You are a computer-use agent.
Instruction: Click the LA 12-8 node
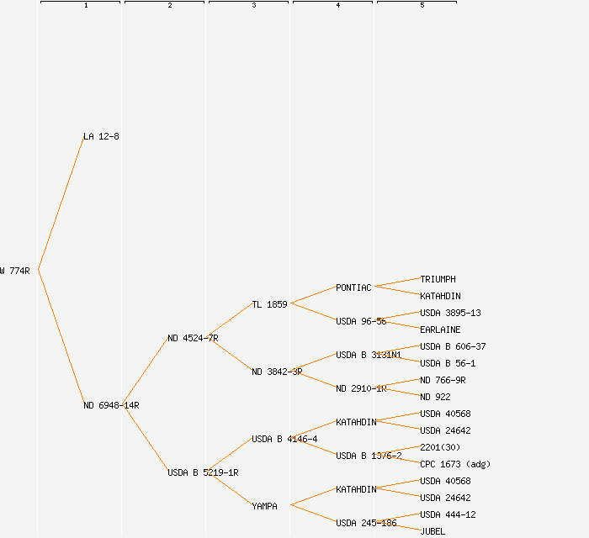[x=101, y=136]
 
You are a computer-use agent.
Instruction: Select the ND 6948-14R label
[x=111, y=405]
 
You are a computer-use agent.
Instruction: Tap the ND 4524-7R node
[x=193, y=338]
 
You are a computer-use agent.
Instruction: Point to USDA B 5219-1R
[x=203, y=472]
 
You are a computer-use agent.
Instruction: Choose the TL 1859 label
[x=269, y=304]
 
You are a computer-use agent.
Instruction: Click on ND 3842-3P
[x=277, y=372]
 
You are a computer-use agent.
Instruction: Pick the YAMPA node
[x=264, y=506]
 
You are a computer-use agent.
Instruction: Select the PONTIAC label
[x=353, y=287]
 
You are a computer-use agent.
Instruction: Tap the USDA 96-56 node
[x=361, y=321]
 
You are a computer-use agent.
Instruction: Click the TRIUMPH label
[x=438, y=279]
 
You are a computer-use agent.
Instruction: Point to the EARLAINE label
[x=440, y=330]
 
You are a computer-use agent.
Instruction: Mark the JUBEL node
[x=432, y=531]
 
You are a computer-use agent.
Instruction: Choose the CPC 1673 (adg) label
[x=455, y=464]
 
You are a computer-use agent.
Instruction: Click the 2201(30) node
[x=440, y=447]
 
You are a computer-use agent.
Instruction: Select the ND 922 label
[x=435, y=397]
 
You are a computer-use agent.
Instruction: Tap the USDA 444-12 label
[x=448, y=514]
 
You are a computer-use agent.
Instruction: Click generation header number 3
[x=254, y=6]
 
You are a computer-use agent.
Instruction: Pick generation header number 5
[x=422, y=6]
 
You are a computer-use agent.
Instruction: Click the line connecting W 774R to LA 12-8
[x=61, y=203]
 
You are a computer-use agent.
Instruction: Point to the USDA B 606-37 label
[x=453, y=346]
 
